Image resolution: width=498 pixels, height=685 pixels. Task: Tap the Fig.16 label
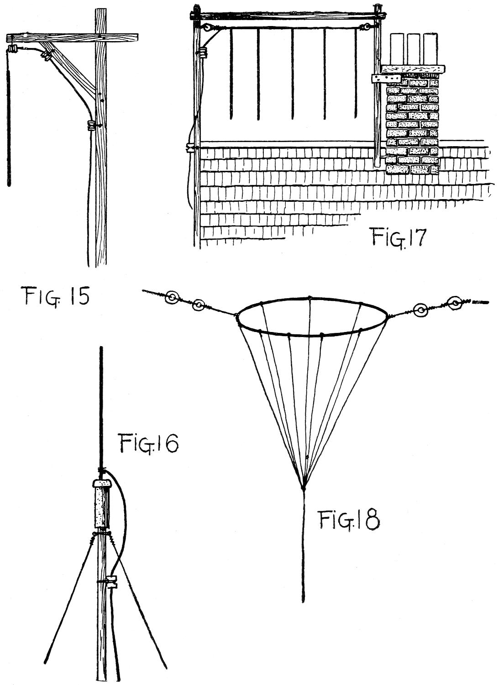tap(149, 443)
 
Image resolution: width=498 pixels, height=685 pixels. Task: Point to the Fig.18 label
tap(349, 521)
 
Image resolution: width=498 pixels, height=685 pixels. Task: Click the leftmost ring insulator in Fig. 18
tap(172, 298)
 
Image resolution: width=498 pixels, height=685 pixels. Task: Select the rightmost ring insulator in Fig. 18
tap(455, 301)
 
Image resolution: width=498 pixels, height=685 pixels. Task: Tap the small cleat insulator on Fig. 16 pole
tap(111, 582)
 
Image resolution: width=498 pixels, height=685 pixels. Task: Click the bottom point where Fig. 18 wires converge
tap(303, 487)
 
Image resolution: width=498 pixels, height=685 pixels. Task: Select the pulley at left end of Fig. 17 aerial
tap(208, 28)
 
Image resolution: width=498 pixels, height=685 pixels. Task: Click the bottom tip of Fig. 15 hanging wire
tap(9, 184)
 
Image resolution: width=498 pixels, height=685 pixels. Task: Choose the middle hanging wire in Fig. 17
tap(292, 73)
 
